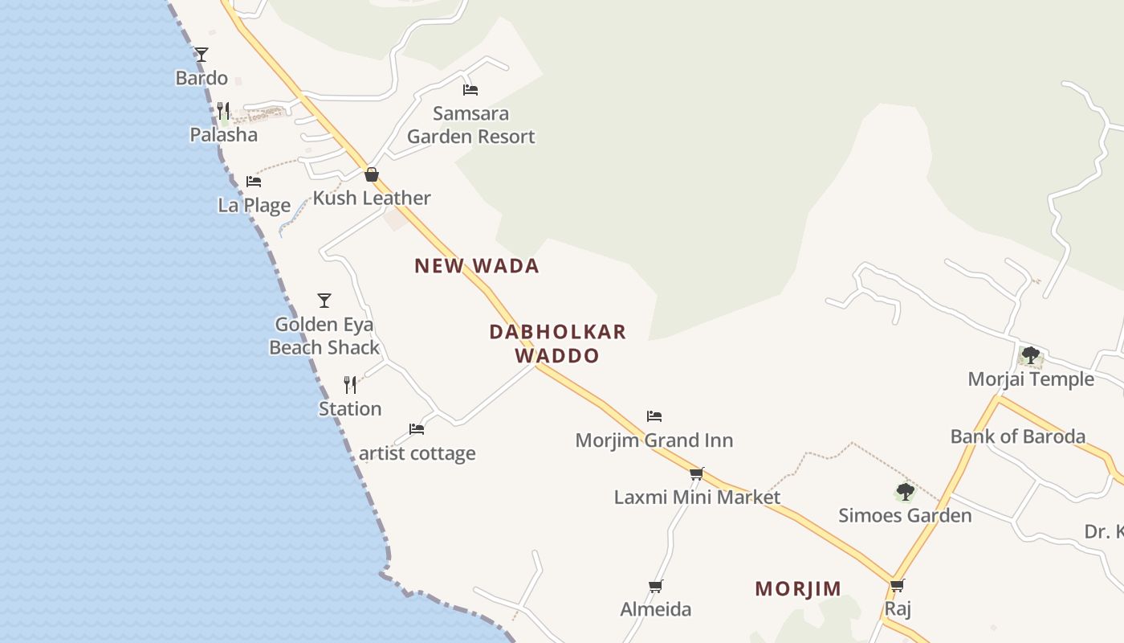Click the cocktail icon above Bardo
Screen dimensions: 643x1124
(x=202, y=55)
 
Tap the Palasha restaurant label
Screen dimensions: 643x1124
(x=224, y=134)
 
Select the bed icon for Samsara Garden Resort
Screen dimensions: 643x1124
(x=470, y=90)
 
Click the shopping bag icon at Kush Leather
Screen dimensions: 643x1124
(x=372, y=174)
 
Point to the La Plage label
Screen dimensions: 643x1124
(x=255, y=205)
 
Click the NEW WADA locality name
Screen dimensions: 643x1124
(x=476, y=266)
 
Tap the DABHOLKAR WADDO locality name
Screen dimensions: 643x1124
(x=557, y=343)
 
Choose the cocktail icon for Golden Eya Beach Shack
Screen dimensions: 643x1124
(x=324, y=301)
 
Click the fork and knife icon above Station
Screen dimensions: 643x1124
(x=350, y=385)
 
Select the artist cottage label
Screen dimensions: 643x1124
(x=417, y=453)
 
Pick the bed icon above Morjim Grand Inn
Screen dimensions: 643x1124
(x=654, y=416)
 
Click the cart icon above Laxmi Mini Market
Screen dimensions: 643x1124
(x=697, y=473)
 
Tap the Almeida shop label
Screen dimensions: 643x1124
(x=656, y=609)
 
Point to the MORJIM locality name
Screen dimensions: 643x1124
(x=798, y=589)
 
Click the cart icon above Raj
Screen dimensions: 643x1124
(x=898, y=585)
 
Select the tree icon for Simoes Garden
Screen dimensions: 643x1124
(x=905, y=491)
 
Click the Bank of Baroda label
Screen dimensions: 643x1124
(x=1017, y=436)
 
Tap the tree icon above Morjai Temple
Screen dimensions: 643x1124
(x=1031, y=354)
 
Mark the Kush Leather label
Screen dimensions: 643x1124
(x=372, y=198)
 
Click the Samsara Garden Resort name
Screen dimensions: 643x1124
(x=470, y=125)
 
